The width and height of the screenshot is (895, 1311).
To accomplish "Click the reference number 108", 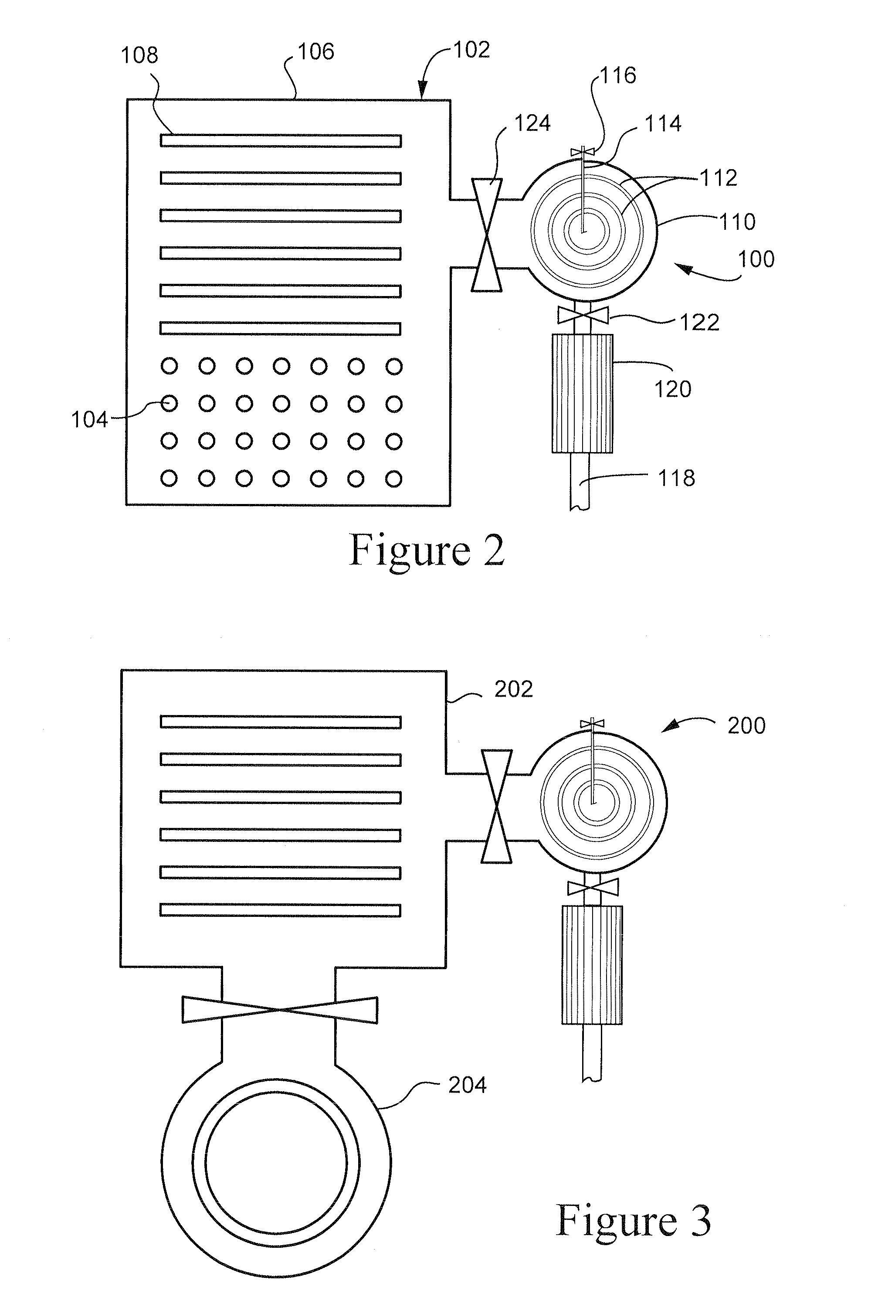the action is [139, 55].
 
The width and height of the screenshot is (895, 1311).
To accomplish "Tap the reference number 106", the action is [316, 52].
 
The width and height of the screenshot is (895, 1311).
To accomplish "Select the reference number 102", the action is [471, 50].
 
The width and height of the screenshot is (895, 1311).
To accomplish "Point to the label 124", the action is [532, 123].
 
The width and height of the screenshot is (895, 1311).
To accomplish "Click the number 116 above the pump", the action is [618, 75].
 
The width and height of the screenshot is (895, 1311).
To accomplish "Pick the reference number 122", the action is [700, 323].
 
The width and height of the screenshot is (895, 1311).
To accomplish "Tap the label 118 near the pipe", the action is [677, 478].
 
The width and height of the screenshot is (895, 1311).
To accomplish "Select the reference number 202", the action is [514, 689].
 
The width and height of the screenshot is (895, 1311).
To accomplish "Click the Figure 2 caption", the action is [427, 551].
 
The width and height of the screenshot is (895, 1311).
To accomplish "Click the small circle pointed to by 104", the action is [169, 404].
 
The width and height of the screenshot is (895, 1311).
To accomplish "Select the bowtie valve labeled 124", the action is [486, 234].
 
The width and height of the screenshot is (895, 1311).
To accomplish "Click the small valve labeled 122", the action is [583, 315].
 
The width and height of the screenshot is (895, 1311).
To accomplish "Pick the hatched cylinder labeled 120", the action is [583, 394].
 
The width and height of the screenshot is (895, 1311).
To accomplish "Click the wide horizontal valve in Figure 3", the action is [280, 1010].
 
